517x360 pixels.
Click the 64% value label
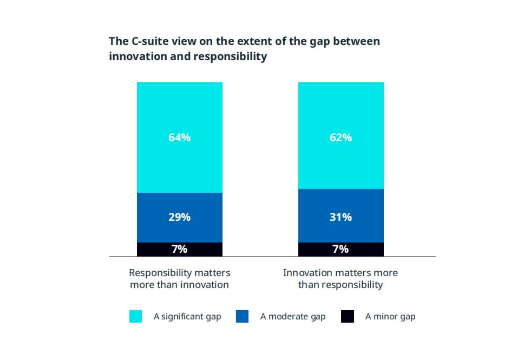[179, 138]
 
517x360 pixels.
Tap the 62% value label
[341, 138]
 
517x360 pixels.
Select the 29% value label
[179, 217]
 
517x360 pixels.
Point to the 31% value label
[341, 217]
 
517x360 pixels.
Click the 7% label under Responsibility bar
[179, 249]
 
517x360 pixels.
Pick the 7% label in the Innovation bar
[341, 249]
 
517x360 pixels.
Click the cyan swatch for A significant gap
[135, 316]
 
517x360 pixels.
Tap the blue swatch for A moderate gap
[243, 316]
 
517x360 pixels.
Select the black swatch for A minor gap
[348, 316]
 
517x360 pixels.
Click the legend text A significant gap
[187, 317]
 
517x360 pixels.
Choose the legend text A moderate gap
[293, 317]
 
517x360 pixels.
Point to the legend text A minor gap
[390, 317]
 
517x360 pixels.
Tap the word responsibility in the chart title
[230, 56]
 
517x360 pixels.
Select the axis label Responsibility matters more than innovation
[179, 278]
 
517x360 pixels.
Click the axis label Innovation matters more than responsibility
[341, 278]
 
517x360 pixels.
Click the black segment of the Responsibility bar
[152, 249]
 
